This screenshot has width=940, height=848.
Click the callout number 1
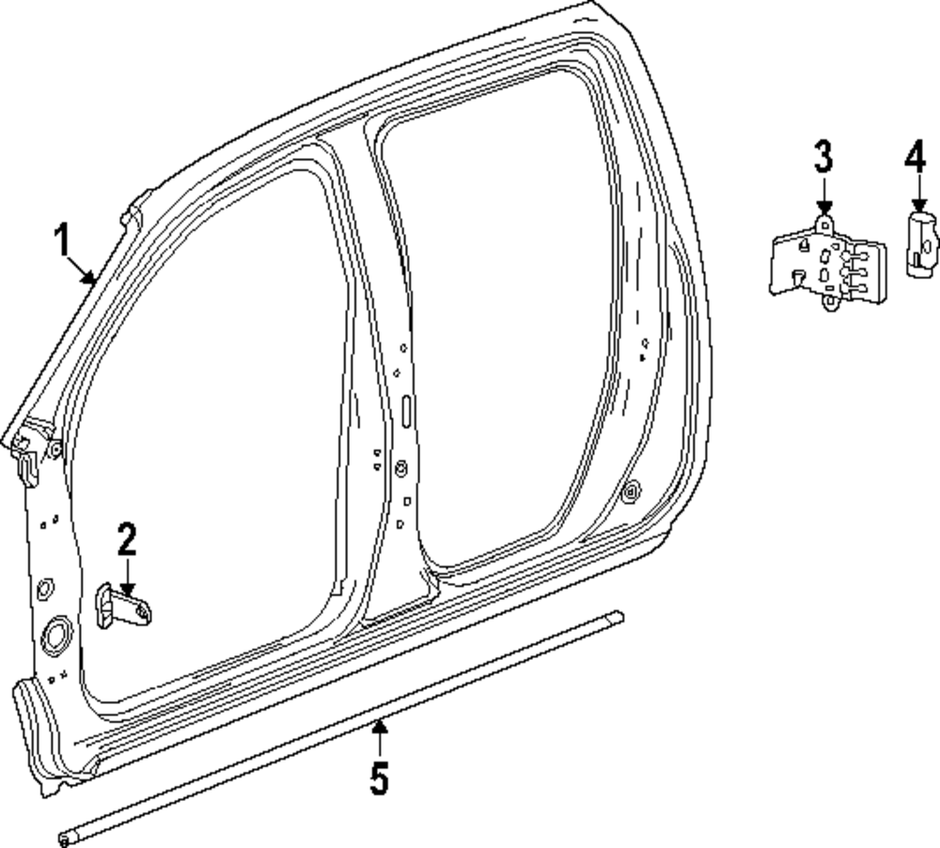tap(62, 242)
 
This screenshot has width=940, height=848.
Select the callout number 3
tap(823, 156)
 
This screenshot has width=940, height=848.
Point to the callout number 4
tap(916, 156)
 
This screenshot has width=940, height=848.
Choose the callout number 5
tap(378, 778)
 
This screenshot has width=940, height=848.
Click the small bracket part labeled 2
tap(124, 606)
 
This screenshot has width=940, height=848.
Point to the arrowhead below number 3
tap(823, 210)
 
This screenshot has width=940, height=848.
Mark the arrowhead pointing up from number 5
tap(378, 725)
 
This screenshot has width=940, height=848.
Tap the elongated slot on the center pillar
tap(406, 411)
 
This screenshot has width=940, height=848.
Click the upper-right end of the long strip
tap(616, 618)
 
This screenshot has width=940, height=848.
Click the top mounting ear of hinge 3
tap(823, 224)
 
